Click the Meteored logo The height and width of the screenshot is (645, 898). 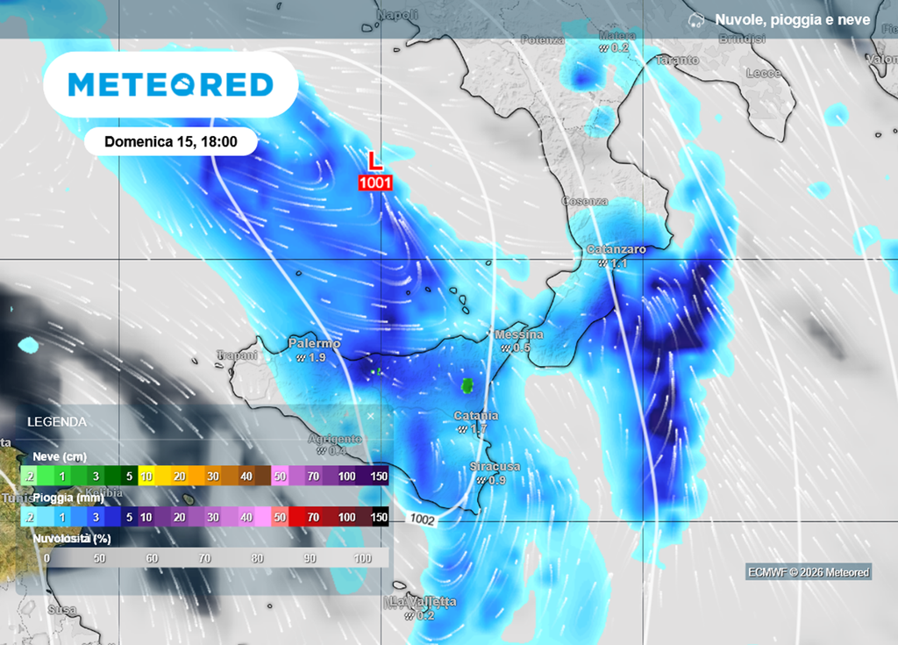[x=170, y=84]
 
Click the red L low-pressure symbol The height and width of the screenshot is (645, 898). [x=374, y=161]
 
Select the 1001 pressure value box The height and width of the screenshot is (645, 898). [x=374, y=183]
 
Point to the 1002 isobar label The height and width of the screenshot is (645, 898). [x=422, y=519]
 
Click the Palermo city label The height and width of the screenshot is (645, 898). [x=314, y=344]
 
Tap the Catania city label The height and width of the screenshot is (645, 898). [x=476, y=415]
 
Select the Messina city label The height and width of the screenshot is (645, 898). [x=519, y=334]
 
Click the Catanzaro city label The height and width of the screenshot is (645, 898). [x=616, y=249]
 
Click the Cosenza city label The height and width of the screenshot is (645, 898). [x=585, y=201]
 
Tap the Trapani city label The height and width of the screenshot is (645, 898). [x=237, y=355]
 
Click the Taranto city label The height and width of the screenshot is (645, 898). [x=677, y=61]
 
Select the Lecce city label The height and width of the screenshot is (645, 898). [x=763, y=73]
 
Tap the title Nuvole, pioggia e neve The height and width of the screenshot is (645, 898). [x=792, y=19]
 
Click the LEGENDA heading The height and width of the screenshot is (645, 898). [x=57, y=421]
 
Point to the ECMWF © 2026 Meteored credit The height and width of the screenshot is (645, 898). [x=808, y=572]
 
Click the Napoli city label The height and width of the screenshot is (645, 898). [x=397, y=15]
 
